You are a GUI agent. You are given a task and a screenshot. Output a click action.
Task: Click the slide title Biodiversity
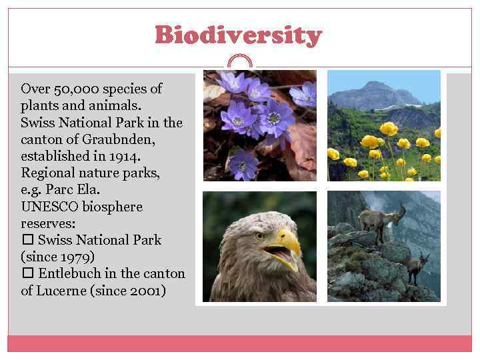(238, 35)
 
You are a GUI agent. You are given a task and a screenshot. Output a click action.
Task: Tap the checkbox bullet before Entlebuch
(27, 273)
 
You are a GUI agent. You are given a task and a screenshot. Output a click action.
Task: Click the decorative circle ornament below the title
(240, 62)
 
